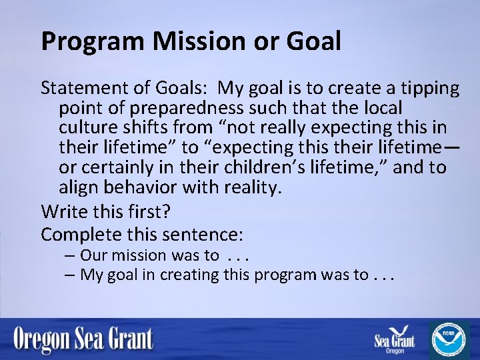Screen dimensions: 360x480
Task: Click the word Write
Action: point(61,212)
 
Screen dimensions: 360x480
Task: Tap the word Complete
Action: point(79,234)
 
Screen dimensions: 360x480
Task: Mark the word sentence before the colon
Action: point(207,234)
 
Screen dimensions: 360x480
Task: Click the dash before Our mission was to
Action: point(70,255)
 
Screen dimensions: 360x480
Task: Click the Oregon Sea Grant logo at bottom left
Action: point(83,340)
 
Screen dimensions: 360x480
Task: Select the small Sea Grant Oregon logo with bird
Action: point(395,340)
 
